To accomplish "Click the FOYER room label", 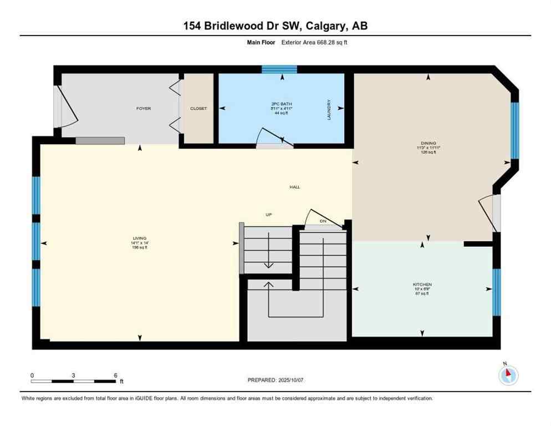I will point(144,109).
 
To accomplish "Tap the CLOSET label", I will point(198,109).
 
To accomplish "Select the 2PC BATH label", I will point(282,104).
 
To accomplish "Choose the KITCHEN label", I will point(422,285).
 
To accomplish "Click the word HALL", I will point(294,187).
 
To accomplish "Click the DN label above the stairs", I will point(323,222).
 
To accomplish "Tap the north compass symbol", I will point(508,376).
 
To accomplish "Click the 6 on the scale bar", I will point(115,375).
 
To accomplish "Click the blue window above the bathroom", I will point(279,69).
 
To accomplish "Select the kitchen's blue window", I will point(496,292).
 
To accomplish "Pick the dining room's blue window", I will point(514,130).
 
